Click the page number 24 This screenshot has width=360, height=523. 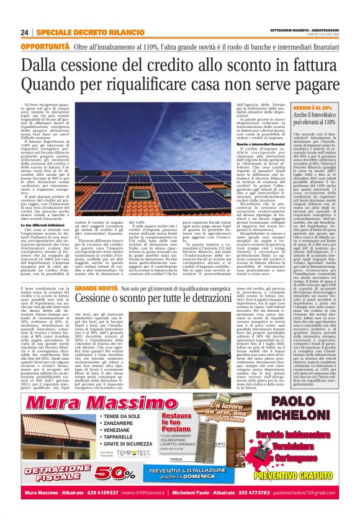(24, 32)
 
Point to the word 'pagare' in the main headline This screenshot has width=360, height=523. (310, 83)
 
